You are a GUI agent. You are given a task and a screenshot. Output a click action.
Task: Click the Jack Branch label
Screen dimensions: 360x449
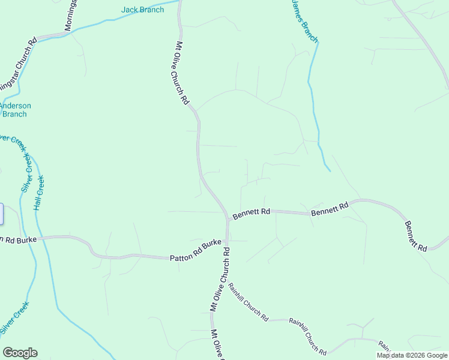(142, 10)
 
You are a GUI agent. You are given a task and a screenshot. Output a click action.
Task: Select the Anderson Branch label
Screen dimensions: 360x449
(14, 110)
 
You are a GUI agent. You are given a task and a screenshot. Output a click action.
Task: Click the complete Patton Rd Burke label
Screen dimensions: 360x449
(195, 251)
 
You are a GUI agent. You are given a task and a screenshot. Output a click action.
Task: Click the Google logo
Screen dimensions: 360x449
(20, 353)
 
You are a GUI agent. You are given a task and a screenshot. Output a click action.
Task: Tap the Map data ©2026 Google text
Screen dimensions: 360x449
(411, 355)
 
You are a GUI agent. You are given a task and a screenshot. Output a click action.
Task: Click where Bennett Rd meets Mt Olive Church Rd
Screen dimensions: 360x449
(228, 218)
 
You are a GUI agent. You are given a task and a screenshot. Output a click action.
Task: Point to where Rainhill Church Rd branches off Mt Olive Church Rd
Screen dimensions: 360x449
(229, 281)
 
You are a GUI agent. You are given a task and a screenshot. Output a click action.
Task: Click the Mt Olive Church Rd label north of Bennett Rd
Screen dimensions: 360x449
(182, 73)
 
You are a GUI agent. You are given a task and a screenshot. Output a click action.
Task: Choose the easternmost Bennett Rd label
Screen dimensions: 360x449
(415, 236)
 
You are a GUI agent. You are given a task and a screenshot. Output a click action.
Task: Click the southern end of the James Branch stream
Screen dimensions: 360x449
(330, 171)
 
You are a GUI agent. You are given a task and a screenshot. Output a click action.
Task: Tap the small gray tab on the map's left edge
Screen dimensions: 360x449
(1, 214)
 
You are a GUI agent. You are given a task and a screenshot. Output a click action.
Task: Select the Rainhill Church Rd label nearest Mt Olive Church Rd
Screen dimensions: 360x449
(248, 302)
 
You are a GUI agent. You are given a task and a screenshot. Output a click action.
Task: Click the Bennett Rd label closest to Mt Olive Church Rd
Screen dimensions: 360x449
(251, 213)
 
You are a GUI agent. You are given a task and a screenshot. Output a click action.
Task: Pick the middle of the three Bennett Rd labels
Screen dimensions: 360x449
(329, 209)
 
